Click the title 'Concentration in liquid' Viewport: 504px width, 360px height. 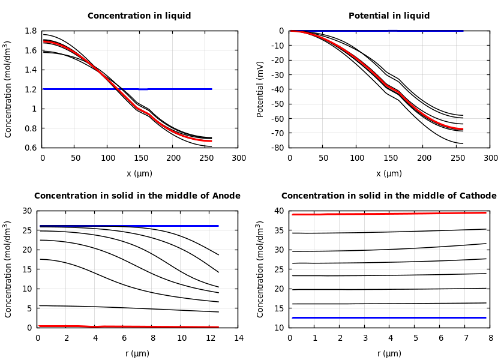[139, 16]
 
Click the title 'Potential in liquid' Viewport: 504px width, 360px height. [389, 16]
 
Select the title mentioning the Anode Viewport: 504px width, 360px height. [137, 196]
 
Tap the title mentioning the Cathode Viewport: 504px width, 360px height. [389, 196]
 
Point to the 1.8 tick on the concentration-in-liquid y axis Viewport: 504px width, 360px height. [31, 31]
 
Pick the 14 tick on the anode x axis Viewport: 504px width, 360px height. [238, 338]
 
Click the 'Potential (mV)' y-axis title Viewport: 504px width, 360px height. [260, 89]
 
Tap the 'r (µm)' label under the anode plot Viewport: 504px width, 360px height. [137, 353]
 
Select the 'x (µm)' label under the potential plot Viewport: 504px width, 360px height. [389, 173]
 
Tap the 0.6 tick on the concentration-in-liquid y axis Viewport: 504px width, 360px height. [31, 148]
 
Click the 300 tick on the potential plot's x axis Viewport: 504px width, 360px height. [490, 158]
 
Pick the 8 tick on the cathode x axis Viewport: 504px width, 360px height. [490, 338]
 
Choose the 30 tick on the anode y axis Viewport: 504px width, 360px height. [26, 211]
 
